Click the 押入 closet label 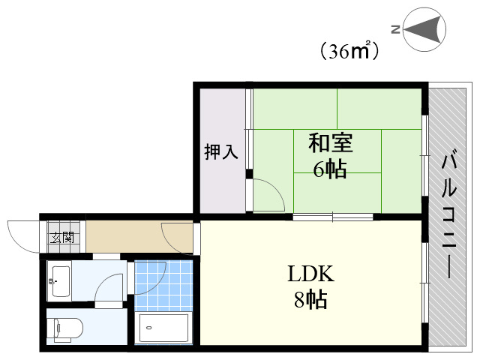click(221, 151)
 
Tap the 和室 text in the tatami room click(330, 142)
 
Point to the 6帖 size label click(330, 169)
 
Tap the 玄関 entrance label click(62, 238)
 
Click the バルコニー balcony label click(450, 214)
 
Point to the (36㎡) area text click(347, 51)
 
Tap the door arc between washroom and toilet click(111, 289)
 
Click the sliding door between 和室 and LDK click(332, 217)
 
